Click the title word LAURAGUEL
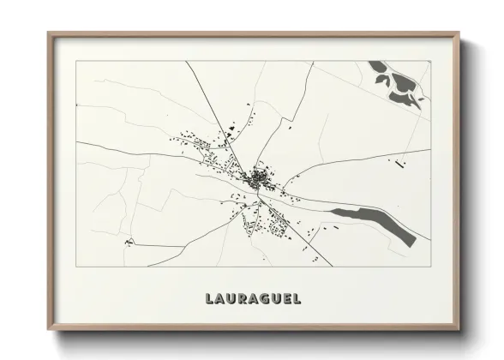click(253, 299)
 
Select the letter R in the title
click(241, 299)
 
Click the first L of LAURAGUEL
click(209, 299)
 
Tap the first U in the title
click(231, 299)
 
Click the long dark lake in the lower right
click(376, 222)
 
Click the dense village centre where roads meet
click(258, 179)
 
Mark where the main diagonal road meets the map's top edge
click(186, 62)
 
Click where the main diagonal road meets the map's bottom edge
click(322, 266)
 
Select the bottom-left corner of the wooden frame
click(49, 329)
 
